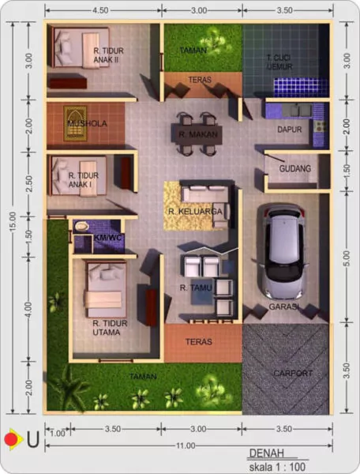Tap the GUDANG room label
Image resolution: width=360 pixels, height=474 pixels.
click(x=294, y=168)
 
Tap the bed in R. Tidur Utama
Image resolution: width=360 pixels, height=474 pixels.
click(x=103, y=289)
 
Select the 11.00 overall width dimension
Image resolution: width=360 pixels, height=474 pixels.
click(x=185, y=446)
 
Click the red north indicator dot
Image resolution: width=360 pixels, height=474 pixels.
click(x=10, y=437)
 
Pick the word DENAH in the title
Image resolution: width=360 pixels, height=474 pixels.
click(x=266, y=454)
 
